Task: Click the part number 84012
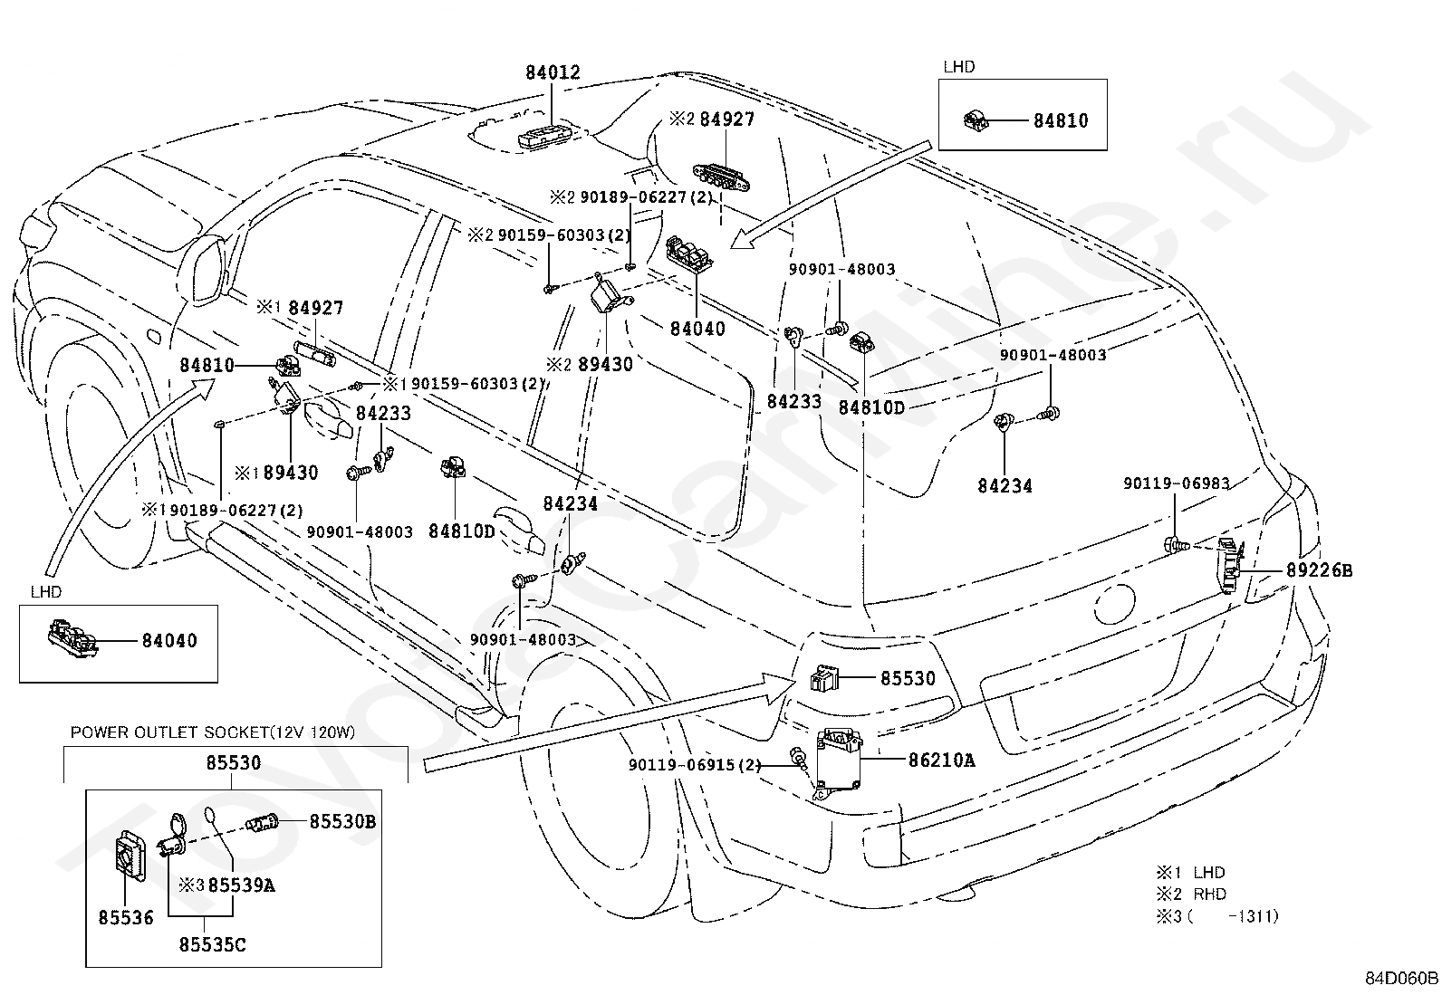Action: click(553, 72)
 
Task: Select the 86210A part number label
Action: click(941, 761)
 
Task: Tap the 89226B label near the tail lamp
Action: click(1319, 569)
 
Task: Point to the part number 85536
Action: click(126, 917)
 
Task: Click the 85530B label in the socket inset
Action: click(342, 821)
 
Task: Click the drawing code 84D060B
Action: click(1401, 979)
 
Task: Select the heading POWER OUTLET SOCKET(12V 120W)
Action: click(213, 732)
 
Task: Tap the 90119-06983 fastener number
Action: click(1176, 483)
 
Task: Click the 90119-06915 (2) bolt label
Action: click(695, 765)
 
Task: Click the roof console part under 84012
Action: click(544, 137)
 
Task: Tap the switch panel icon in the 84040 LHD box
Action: click(72, 637)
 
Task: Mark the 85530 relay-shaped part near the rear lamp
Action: click(824, 678)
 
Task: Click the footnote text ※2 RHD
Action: click(1192, 894)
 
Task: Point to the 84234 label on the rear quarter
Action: click(1005, 485)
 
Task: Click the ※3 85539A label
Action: click(226, 885)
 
